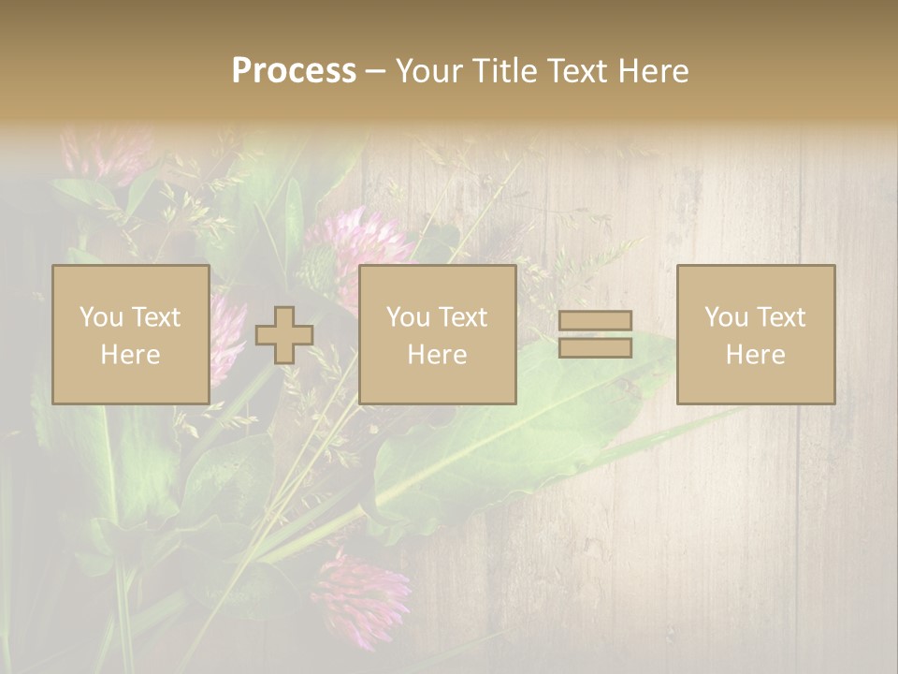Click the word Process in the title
pyautogui.click(x=294, y=71)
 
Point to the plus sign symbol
pyautogui.click(x=284, y=335)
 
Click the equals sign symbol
pyautogui.click(x=595, y=334)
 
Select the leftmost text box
pyautogui.click(x=130, y=334)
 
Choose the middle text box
pyautogui.click(x=437, y=334)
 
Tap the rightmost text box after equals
pyautogui.click(x=755, y=334)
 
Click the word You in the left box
pyautogui.click(x=101, y=317)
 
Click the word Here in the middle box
pyautogui.click(x=437, y=355)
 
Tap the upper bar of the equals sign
pyautogui.click(x=595, y=321)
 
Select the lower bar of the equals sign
pyautogui.click(x=595, y=347)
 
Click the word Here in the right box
pyautogui.click(x=755, y=355)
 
